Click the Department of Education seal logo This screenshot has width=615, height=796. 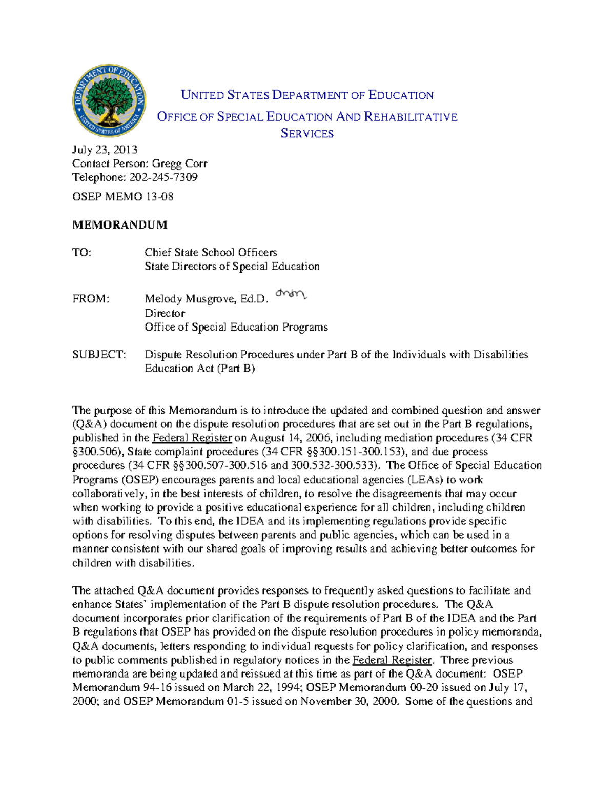click(x=109, y=101)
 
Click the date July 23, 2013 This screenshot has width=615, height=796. click(x=105, y=150)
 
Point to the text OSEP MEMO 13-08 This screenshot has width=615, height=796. click(x=123, y=197)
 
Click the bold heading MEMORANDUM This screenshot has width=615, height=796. click(x=120, y=224)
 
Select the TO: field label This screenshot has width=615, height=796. click(x=82, y=252)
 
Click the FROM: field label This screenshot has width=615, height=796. click(x=91, y=299)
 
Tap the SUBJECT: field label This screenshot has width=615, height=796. click(x=99, y=355)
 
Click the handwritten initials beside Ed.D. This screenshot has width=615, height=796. click(x=291, y=294)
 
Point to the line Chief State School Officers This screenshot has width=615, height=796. click(x=211, y=252)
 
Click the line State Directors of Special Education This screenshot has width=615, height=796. click(x=232, y=266)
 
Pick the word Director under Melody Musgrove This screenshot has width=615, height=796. click(x=165, y=313)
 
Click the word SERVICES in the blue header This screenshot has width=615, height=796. click(x=307, y=134)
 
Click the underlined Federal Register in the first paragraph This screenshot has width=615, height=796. click(x=193, y=438)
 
